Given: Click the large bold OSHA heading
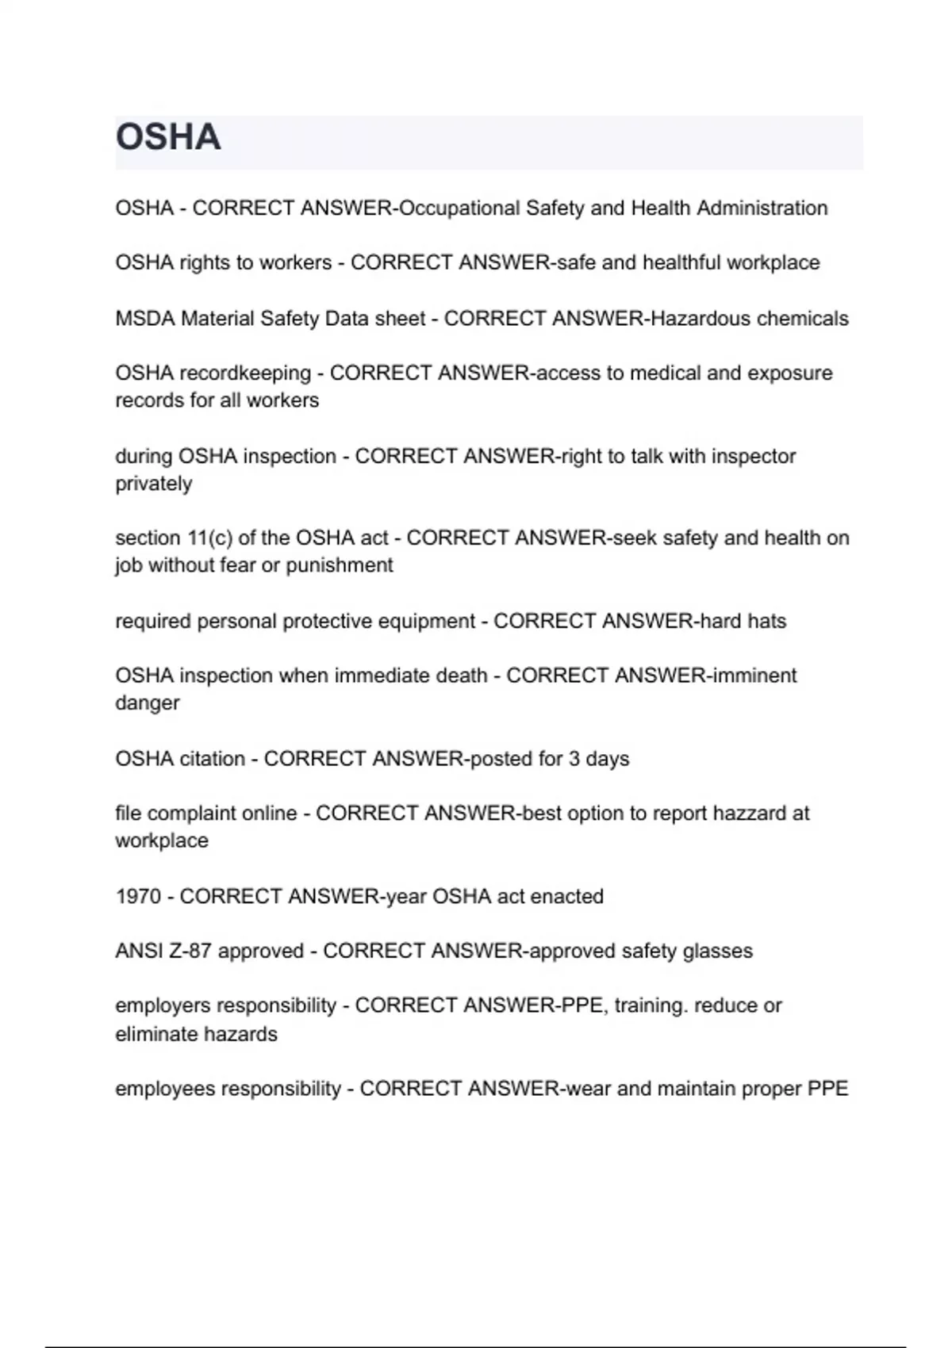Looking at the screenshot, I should [168, 137].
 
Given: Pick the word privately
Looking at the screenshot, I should [154, 484].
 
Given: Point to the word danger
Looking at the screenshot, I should [148, 703].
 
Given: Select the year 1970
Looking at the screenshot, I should [138, 897].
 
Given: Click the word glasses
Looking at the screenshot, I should [718, 951].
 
